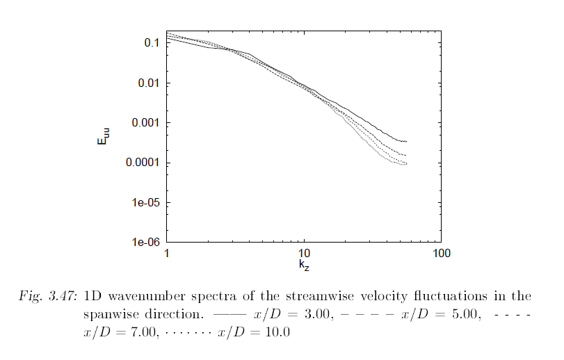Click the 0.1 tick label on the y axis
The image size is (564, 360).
coord(152,43)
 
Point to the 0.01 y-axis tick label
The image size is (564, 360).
coord(150,83)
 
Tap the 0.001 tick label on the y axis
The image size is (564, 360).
coord(146,123)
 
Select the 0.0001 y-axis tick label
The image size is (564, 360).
coord(143,163)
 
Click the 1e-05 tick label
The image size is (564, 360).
coord(147,203)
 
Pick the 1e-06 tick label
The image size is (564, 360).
coord(147,243)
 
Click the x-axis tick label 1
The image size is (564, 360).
coord(167,254)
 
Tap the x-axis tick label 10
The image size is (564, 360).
coord(303,254)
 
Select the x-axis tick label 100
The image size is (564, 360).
coord(440,254)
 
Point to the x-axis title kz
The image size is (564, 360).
coord(304,265)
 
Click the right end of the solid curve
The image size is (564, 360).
coord(406,142)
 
